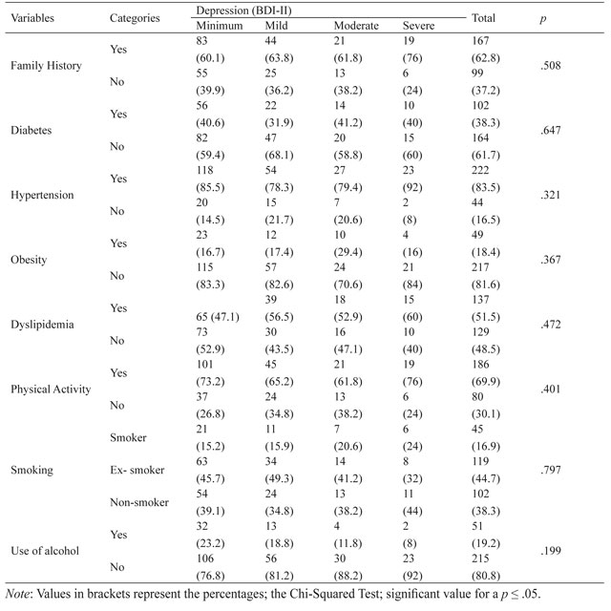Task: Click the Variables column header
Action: (32, 18)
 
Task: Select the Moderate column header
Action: (356, 26)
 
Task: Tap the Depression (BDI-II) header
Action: (243, 11)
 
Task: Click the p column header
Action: (543, 19)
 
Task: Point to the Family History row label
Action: (46, 66)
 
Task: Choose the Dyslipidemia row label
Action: (42, 325)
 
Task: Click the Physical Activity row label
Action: (51, 389)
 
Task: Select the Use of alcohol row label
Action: (45, 551)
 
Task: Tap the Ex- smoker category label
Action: (137, 470)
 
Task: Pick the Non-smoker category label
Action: (139, 502)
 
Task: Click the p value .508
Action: (550, 65)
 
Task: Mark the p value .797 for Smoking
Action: (550, 470)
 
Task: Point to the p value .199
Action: (550, 551)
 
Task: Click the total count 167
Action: (480, 40)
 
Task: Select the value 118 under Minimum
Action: (204, 170)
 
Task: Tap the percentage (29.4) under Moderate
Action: (348, 252)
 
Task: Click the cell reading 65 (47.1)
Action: (218, 317)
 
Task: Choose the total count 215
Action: (480, 558)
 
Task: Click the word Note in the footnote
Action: (17, 594)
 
